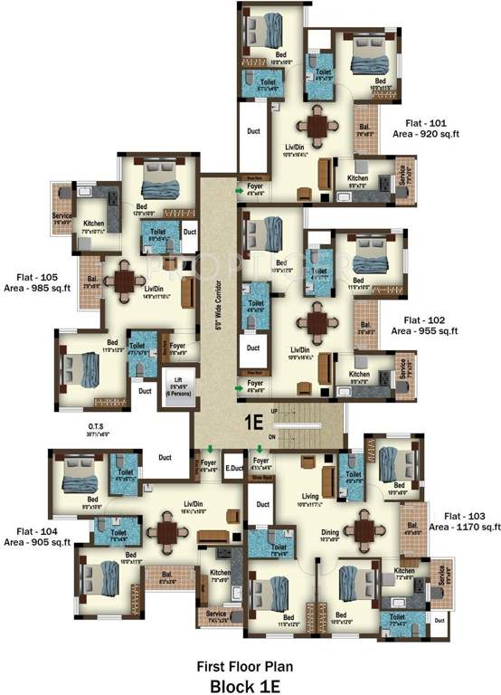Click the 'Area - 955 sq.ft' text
pyautogui.click(x=425, y=331)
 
